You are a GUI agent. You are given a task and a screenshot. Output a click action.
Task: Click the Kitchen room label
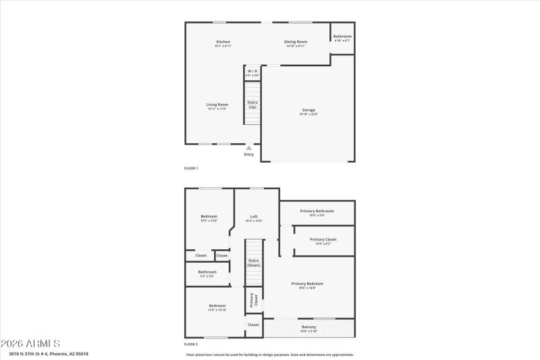click(223, 42)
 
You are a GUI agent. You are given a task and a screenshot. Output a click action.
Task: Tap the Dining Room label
click(296, 42)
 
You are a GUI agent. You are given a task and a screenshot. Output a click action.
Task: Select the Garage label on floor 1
click(308, 110)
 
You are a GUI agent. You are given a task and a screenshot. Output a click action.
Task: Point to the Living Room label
click(217, 105)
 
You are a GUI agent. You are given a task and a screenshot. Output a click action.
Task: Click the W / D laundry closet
click(252, 72)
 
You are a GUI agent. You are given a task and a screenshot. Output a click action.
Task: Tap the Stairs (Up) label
click(252, 104)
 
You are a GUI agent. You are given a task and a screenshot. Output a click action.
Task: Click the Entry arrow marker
click(249, 148)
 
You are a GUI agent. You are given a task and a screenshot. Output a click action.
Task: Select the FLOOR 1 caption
click(191, 168)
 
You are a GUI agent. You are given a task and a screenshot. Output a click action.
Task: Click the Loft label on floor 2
click(254, 217)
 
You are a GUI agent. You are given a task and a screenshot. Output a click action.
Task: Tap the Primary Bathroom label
click(317, 211)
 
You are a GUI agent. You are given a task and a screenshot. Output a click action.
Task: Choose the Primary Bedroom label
click(307, 284)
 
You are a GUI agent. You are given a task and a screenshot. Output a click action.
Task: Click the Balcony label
click(308, 328)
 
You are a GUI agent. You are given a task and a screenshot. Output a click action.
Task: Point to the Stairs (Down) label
click(254, 262)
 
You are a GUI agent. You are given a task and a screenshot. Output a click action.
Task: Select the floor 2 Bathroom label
click(207, 272)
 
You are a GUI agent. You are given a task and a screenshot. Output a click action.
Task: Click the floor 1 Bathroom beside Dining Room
click(342, 36)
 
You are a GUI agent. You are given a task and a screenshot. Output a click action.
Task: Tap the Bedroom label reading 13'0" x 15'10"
click(217, 307)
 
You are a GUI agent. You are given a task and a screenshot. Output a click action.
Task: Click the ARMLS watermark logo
click(31, 343)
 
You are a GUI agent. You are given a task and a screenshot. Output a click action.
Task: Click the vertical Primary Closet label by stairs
click(254, 300)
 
